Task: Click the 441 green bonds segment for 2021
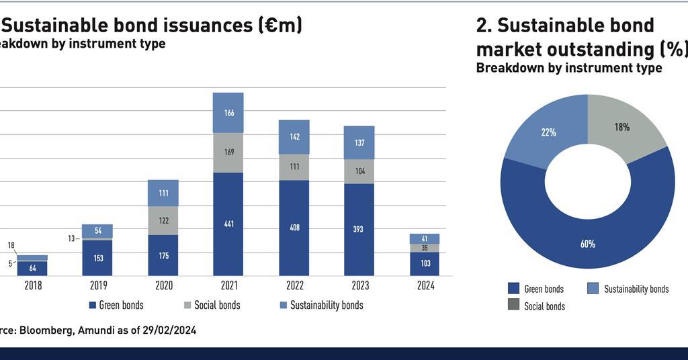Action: (x=228, y=224)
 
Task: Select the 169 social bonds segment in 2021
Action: (x=228, y=152)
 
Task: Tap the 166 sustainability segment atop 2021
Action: (x=228, y=113)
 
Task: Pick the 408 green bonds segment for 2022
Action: (x=294, y=228)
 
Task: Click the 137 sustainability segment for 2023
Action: (x=359, y=142)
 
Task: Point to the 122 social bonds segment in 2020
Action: (x=163, y=220)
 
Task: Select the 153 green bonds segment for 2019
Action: (x=97, y=258)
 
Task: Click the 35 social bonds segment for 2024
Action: (x=424, y=248)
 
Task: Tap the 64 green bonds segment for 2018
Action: (x=32, y=268)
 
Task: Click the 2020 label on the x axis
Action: (x=163, y=285)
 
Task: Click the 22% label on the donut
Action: (x=549, y=132)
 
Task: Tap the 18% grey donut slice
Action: (x=621, y=127)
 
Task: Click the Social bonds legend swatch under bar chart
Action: (x=187, y=306)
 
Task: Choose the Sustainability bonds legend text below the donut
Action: (x=636, y=289)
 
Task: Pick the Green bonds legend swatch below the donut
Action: (x=514, y=289)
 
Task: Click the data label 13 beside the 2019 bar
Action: (x=71, y=238)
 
